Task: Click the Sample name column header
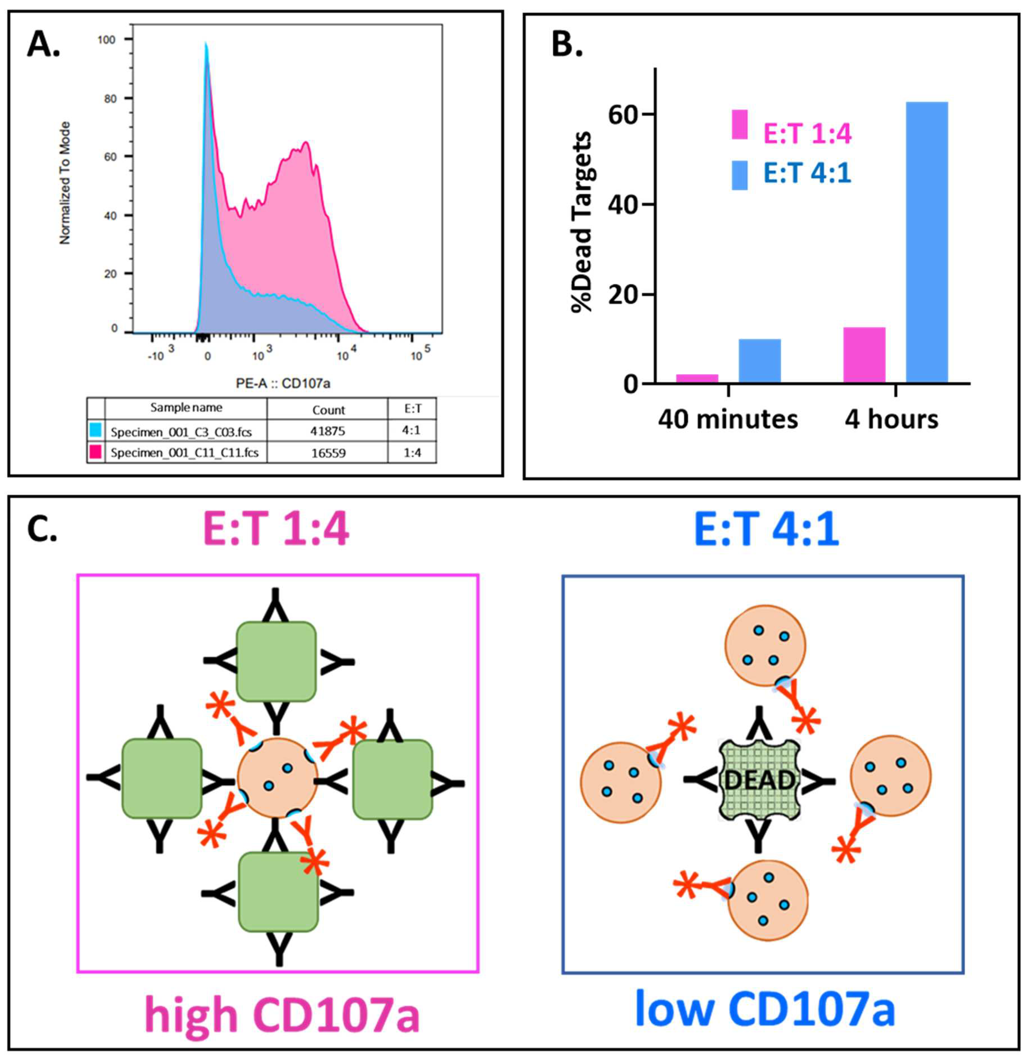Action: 186,408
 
